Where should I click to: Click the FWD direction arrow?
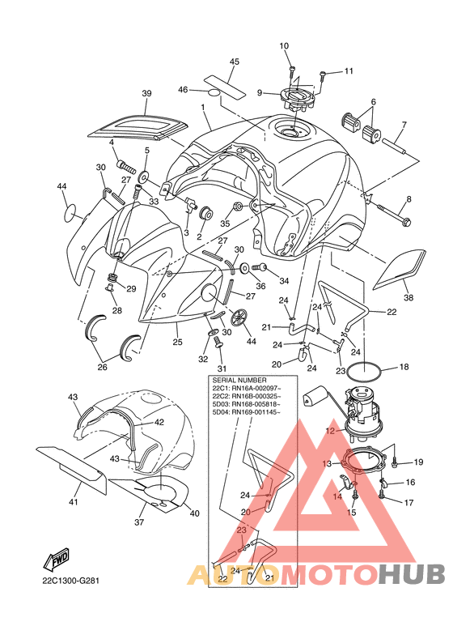(x=57, y=558)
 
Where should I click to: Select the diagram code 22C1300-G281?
(x=70, y=580)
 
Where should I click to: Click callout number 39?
(x=146, y=93)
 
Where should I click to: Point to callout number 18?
(x=404, y=367)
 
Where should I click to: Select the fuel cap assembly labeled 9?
(x=296, y=98)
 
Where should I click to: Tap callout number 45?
(x=235, y=62)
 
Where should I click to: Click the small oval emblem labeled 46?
(x=214, y=92)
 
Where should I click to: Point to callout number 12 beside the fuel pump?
(x=330, y=431)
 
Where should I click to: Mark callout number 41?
(x=74, y=502)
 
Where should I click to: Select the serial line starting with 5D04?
(x=246, y=412)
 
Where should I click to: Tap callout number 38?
(x=409, y=297)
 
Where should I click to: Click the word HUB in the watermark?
(x=412, y=573)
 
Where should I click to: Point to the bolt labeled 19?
(x=394, y=463)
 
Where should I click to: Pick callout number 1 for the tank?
(x=203, y=108)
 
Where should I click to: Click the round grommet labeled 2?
(x=206, y=213)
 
